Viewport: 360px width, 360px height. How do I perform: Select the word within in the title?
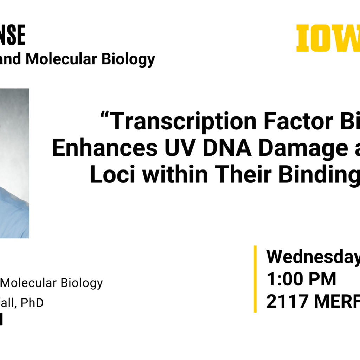pos(174,175)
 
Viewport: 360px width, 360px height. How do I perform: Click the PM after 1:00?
pos(322,279)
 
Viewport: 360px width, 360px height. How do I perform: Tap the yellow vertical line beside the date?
pos(255,279)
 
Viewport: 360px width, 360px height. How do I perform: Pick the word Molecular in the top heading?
pos(61,59)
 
